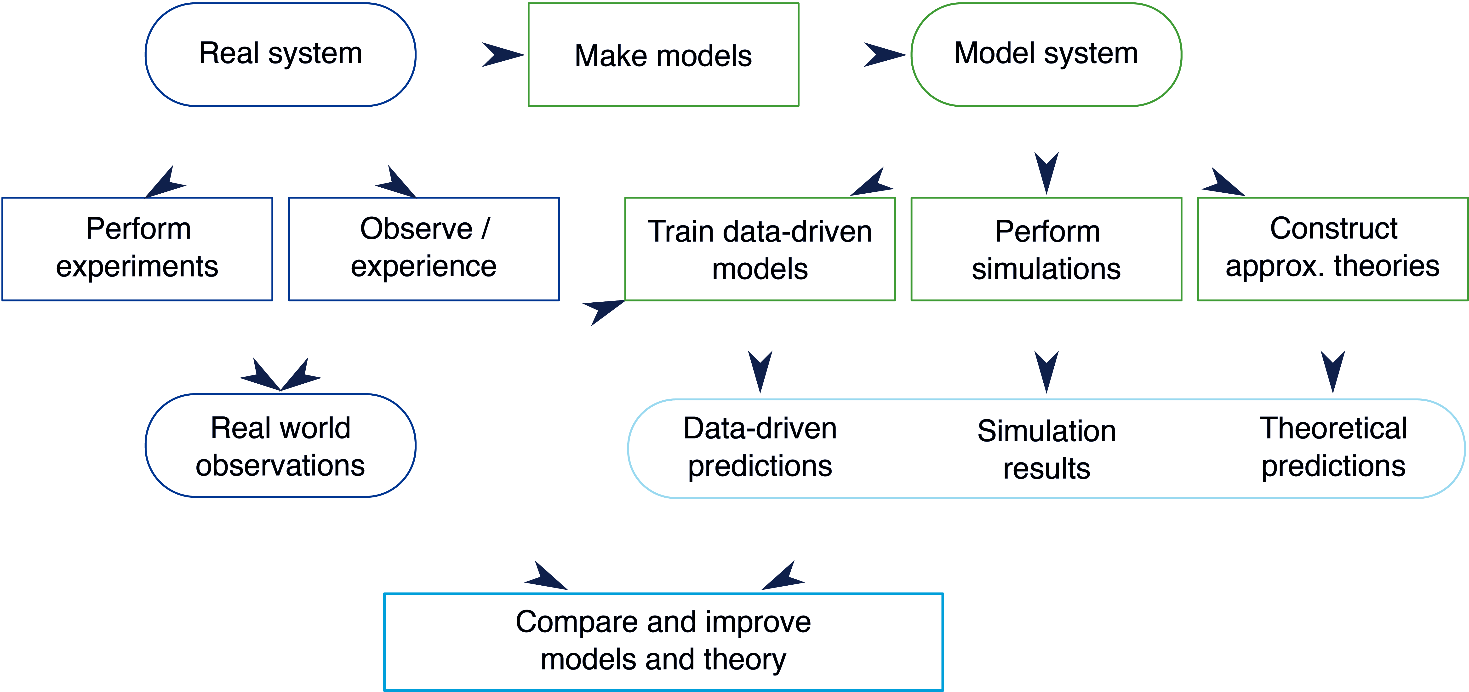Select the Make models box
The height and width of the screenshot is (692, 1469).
pyautogui.click(x=663, y=55)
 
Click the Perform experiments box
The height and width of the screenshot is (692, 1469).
pyautogui.click(x=137, y=249)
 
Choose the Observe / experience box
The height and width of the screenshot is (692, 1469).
pyautogui.click(x=424, y=249)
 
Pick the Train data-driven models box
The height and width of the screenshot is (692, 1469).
pyautogui.click(x=760, y=249)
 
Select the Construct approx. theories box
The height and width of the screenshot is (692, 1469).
pyautogui.click(x=1333, y=249)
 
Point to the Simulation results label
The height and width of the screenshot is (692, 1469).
pyautogui.click(x=1046, y=450)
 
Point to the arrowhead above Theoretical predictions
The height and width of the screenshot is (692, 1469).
pyautogui.click(x=1333, y=371)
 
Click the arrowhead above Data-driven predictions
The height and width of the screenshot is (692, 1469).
pyautogui.click(x=760, y=371)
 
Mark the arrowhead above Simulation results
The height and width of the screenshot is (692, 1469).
pyautogui.click(x=1046, y=371)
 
